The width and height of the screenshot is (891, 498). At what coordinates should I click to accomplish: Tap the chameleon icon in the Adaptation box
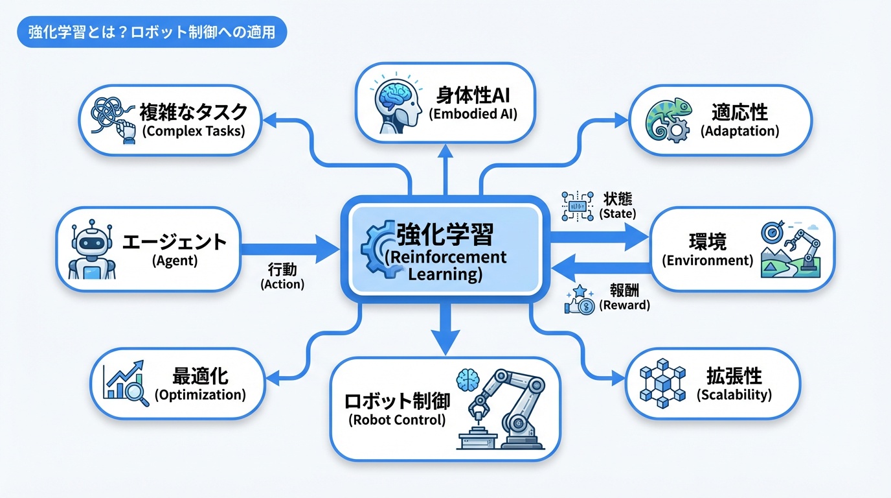point(668,122)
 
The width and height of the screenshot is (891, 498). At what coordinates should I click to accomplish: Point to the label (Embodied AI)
point(473,115)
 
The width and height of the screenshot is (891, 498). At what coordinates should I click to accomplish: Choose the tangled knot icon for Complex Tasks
point(108,118)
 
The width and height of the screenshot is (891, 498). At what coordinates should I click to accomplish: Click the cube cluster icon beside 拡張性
point(662,383)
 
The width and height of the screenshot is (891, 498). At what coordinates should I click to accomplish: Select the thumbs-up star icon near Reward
point(580,300)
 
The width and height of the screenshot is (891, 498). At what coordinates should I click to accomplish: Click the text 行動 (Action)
point(282,276)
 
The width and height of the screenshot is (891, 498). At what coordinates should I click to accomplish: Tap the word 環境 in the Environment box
point(708,242)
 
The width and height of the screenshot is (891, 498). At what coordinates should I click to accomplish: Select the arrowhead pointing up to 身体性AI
point(444,152)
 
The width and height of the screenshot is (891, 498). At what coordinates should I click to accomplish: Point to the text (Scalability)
point(734,394)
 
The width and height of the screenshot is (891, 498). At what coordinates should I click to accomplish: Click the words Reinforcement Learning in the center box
point(445,265)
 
